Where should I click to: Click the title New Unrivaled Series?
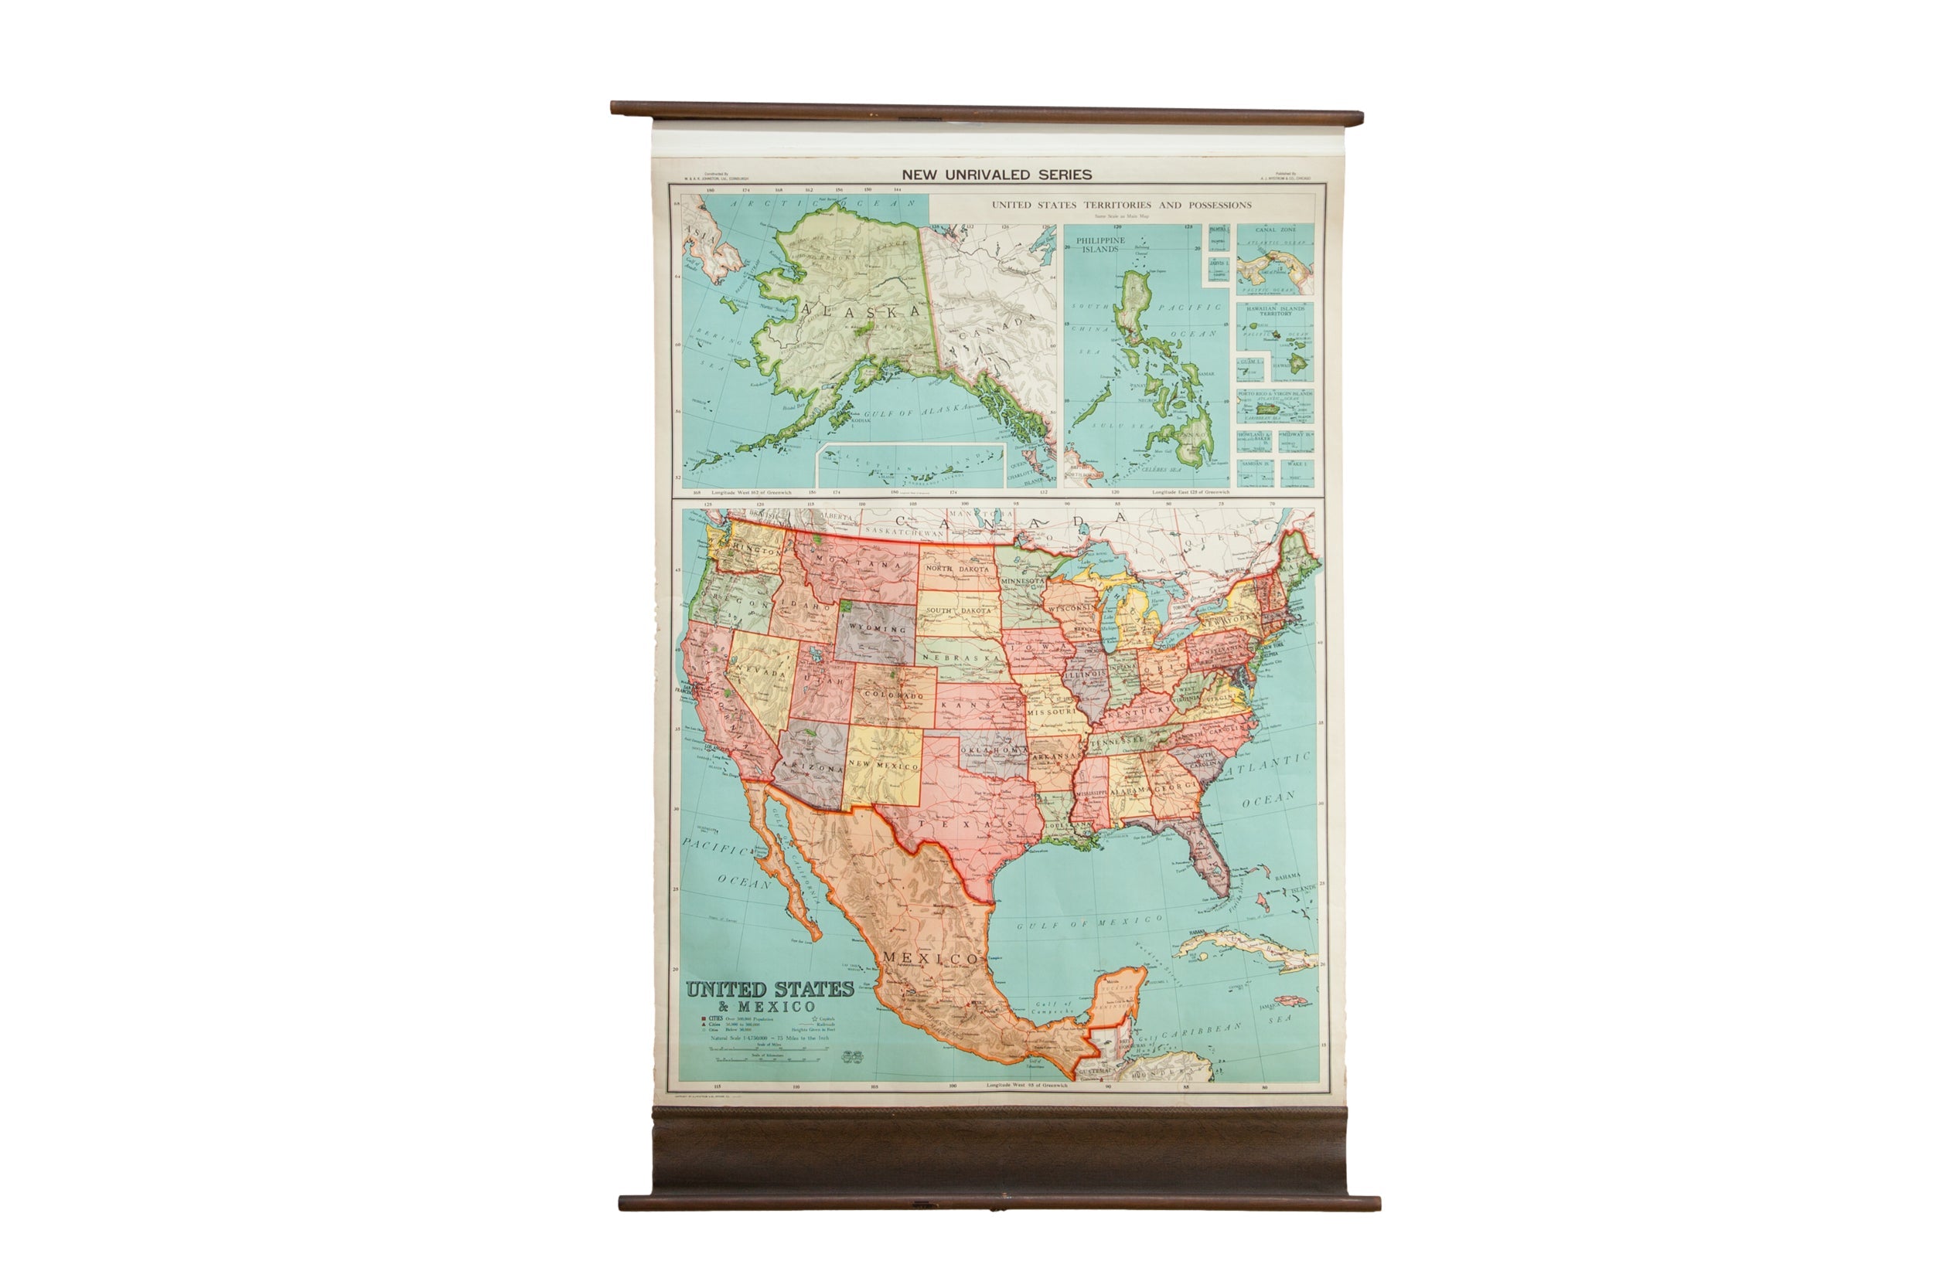pos(996,175)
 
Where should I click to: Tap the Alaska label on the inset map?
pos(861,312)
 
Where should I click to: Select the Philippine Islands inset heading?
pos(1099,245)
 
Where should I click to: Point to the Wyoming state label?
pos(877,628)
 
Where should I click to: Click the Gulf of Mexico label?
pos(1089,923)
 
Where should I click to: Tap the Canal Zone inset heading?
pos(1275,230)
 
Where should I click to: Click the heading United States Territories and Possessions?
pos(1121,206)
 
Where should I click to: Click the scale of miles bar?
pos(765,1049)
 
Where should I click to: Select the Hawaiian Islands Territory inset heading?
pos(1275,311)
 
